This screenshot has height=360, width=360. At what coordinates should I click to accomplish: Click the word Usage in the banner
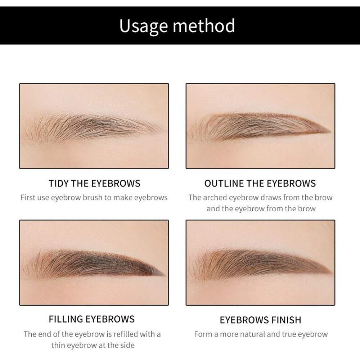click(x=143, y=26)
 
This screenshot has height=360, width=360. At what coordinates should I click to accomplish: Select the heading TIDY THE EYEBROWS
click(x=94, y=183)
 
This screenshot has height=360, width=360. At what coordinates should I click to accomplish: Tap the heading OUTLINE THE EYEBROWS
click(x=260, y=183)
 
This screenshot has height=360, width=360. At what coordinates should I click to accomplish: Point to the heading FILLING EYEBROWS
click(x=91, y=319)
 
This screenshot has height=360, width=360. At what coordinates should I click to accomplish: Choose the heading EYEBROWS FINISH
click(x=260, y=320)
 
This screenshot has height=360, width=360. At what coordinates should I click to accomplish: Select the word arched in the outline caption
click(x=215, y=197)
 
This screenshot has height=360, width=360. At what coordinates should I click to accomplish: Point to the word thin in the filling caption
click(x=58, y=345)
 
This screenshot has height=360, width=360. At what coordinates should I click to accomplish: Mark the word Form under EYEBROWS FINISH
click(x=203, y=334)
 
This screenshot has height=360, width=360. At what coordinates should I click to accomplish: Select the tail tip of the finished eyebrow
click(x=329, y=272)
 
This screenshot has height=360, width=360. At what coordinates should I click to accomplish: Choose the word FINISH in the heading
click(x=284, y=320)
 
